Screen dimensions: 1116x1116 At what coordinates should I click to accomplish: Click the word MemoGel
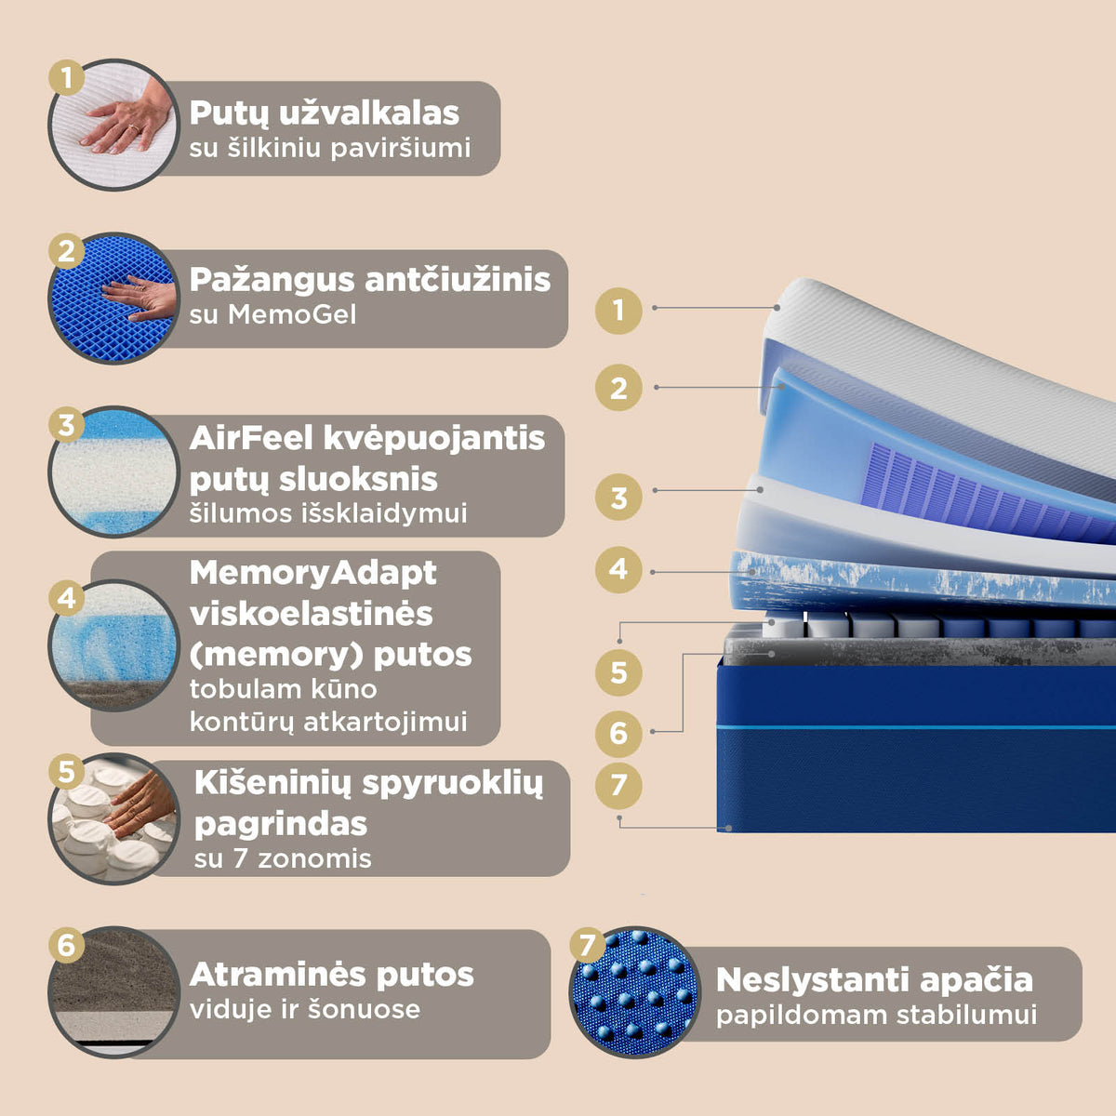click(x=292, y=315)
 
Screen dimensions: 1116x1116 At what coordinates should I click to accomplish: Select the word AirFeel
click(x=251, y=438)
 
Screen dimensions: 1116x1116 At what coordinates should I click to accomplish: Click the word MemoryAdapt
click(x=313, y=573)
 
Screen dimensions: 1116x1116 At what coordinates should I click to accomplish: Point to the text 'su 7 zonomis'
click(x=283, y=858)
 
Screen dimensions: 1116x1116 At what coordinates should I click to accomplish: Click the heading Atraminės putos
click(x=331, y=975)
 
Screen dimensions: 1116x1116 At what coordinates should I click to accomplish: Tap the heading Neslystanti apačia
click(x=874, y=980)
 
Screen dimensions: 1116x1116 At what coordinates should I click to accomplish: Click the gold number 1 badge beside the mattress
click(x=618, y=311)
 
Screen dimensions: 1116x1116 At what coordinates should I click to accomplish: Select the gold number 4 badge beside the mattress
click(x=618, y=570)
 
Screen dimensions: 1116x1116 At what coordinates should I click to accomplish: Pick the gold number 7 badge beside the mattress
click(x=618, y=786)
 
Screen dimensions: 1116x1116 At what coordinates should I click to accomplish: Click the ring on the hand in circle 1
click(x=134, y=128)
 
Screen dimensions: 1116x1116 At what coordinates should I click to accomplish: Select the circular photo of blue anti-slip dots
click(x=635, y=991)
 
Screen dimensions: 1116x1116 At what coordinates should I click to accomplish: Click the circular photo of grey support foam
click(x=114, y=992)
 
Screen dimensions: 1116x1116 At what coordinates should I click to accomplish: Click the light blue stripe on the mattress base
click(x=916, y=727)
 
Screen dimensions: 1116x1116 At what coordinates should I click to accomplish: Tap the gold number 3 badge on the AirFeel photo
click(x=67, y=424)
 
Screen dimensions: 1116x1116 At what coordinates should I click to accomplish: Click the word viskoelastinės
click(x=311, y=614)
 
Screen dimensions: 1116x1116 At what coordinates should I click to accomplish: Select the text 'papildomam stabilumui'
click(x=876, y=1016)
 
